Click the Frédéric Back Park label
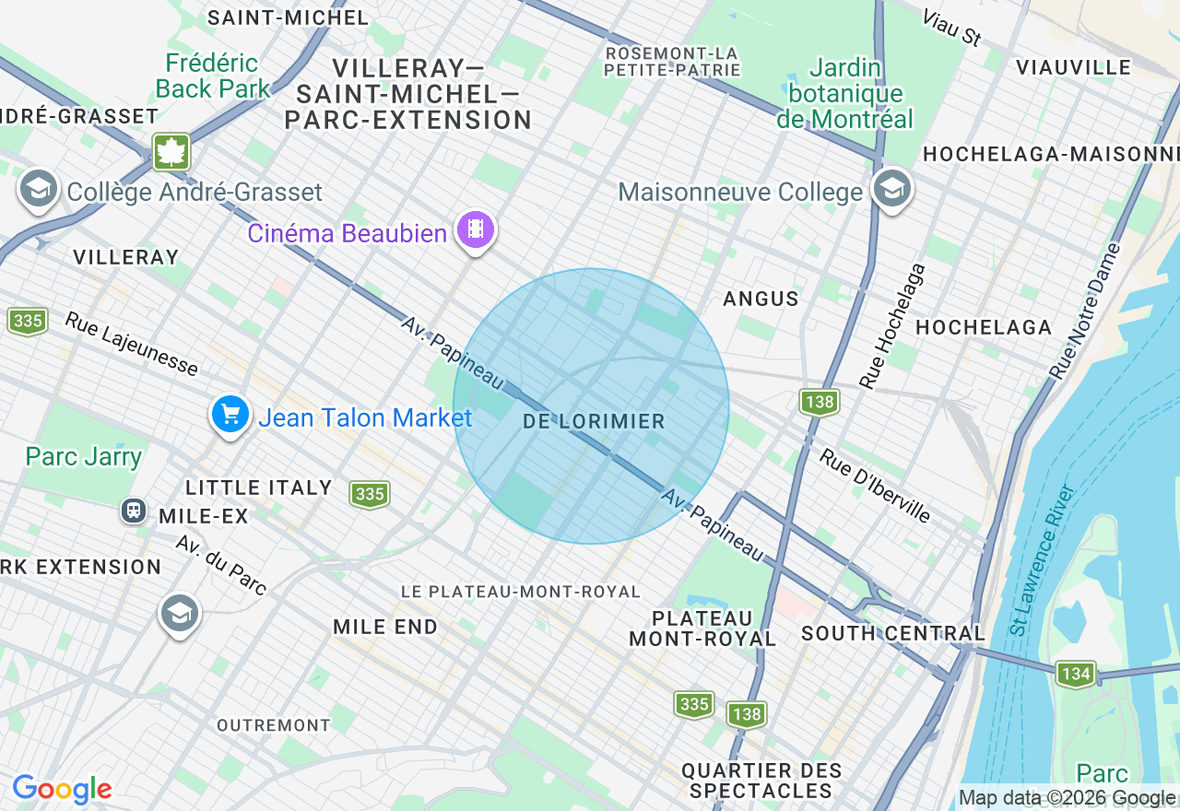click(213, 76)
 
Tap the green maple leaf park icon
click(171, 152)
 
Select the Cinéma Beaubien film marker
click(475, 229)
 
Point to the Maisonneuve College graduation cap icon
click(891, 189)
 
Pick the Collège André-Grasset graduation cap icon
click(38, 189)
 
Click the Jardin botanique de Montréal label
click(844, 94)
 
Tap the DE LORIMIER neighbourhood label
click(593, 421)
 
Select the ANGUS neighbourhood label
click(761, 299)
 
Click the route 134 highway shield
click(1076, 674)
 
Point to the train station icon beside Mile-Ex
click(134, 511)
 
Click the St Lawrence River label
click(1043, 559)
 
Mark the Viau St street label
click(950, 28)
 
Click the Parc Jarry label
click(84, 457)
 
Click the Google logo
click(62, 789)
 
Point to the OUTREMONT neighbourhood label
click(273, 725)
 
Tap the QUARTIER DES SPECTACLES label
click(761, 781)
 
